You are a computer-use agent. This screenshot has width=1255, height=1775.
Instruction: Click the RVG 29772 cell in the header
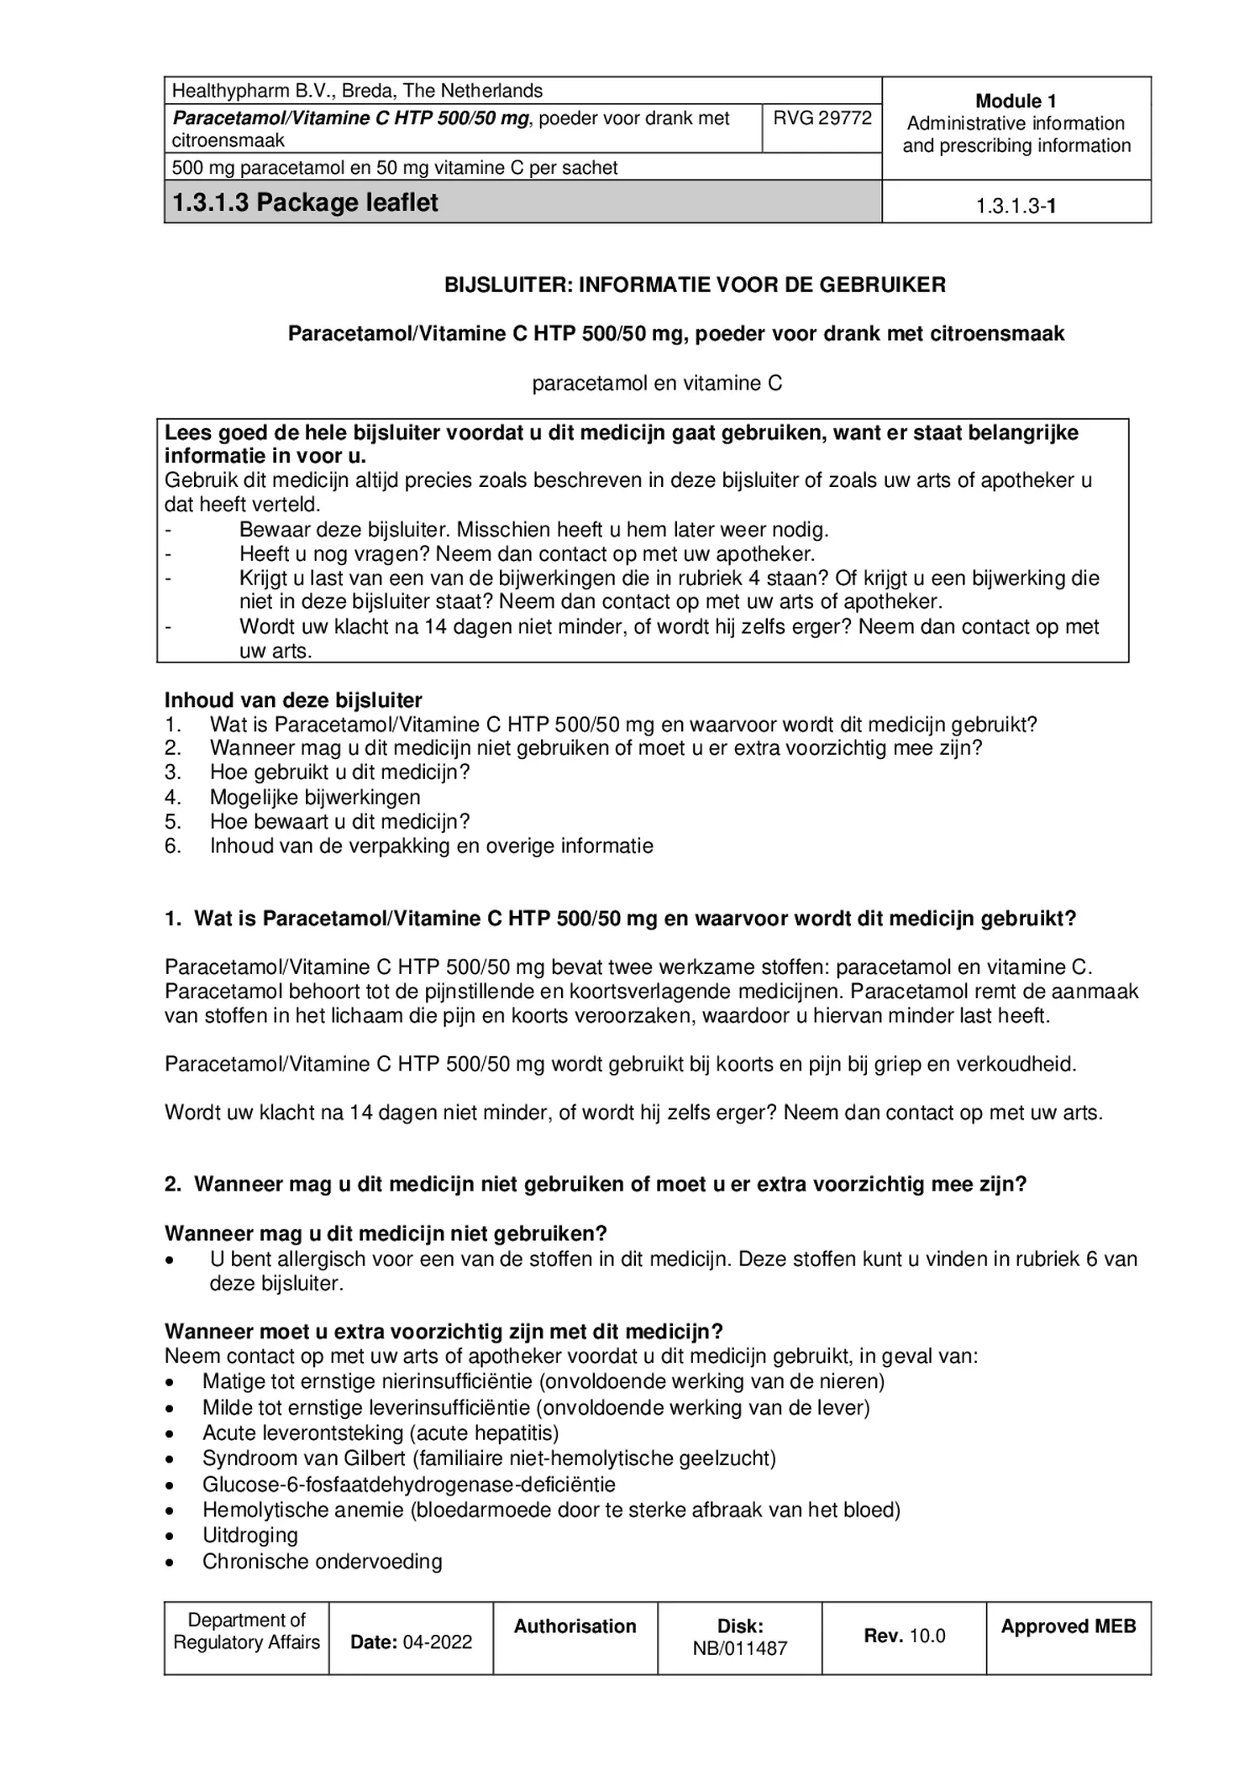pyautogui.click(x=822, y=118)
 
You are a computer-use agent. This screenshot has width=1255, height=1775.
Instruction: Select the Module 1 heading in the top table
pyautogui.click(x=1015, y=102)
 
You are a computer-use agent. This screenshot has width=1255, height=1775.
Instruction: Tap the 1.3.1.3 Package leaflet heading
pyautogui.click(x=305, y=202)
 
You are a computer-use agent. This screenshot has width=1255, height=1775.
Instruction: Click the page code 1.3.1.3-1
pyautogui.click(x=1015, y=207)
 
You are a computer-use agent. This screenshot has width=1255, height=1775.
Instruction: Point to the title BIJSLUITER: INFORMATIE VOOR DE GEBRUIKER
pyautogui.click(x=694, y=285)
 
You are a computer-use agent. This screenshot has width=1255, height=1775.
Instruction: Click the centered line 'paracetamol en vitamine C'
pyautogui.click(x=656, y=384)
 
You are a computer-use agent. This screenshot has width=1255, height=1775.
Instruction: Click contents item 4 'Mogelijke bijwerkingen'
pyautogui.click(x=315, y=797)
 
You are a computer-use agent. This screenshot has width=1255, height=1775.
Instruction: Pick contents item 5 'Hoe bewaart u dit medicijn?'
pyautogui.click(x=339, y=821)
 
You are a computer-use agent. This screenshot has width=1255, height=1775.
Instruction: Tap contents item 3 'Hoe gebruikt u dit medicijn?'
pyautogui.click(x=339, y=772)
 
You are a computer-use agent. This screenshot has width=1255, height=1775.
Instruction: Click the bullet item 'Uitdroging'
pyautogui.click(x=249, y=1535)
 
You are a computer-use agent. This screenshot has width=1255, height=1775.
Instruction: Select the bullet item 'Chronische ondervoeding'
pyautogui.click(x=322, y=1561)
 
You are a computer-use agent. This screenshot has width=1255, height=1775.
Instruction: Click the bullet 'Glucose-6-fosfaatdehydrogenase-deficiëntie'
pyautogui.click(x=408, y=1484)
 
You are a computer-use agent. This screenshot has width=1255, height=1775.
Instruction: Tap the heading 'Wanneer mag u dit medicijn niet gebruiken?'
pyautogui.click(x=385, y=1233)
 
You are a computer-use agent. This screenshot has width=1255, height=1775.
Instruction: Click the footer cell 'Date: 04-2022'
pyautogui.click(x=411, y=1641)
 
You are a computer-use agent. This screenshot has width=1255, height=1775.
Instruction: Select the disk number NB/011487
pyautogui.click(x=739, y=1648)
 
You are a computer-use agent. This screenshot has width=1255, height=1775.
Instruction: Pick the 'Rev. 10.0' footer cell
pyautogui.click(x=904, y=1636)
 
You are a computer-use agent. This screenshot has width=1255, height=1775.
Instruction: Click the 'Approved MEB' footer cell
pyautogui.click(x=1068, y=1626)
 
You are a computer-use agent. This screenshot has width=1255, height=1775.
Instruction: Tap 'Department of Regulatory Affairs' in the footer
pyautogui.click(x=246, y=1631)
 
